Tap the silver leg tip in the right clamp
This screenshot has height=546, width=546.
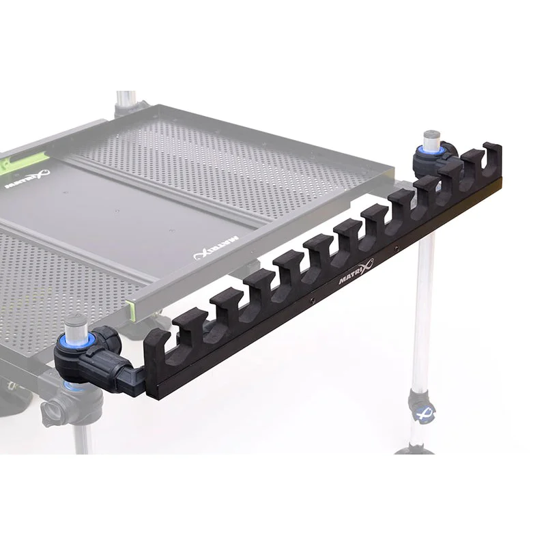(x=431, y=140)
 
